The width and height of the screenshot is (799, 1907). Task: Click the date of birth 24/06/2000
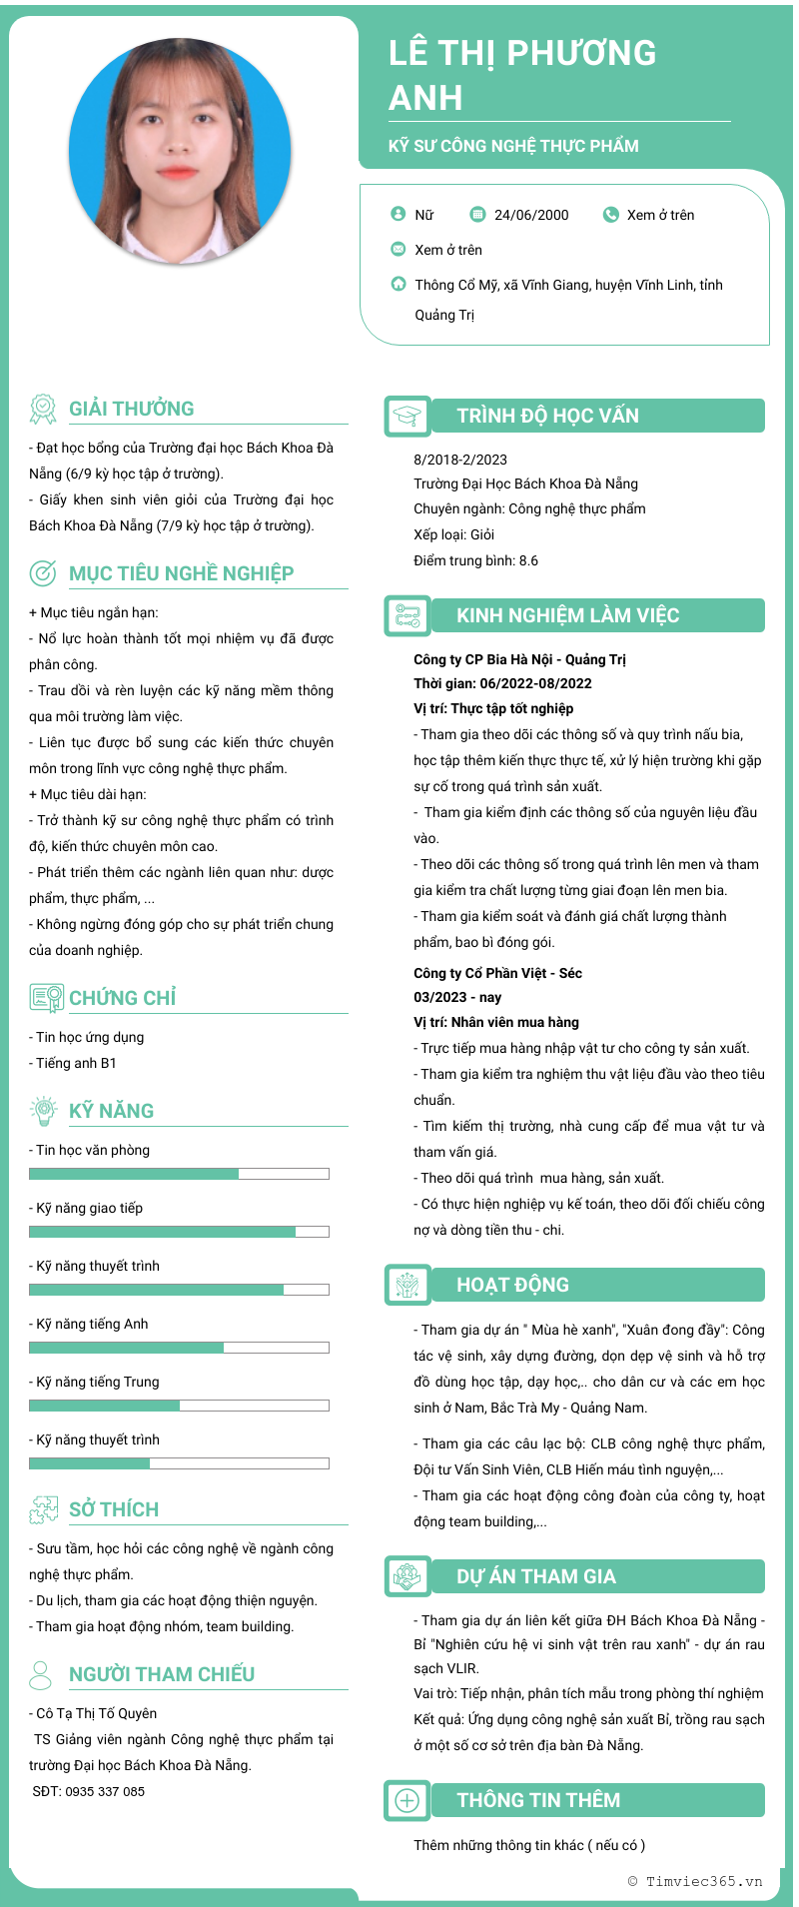point(531,215)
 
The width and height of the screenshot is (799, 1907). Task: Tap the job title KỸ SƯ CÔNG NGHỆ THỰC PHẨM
point(513,146)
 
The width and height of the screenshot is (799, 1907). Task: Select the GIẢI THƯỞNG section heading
point(131,409)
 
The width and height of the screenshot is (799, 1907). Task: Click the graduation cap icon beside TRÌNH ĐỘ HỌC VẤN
point(406,417)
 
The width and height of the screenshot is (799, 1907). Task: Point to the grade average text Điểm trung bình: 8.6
point(475,560)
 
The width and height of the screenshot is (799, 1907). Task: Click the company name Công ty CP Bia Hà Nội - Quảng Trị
point(519,659)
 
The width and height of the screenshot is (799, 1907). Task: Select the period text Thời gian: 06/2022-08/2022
point(502,683)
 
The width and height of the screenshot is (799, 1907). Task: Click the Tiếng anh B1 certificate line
point(76,1063)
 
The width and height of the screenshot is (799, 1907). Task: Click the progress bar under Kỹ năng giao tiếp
point(179,1232)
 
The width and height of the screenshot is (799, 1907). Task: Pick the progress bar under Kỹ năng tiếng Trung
point(179,1406)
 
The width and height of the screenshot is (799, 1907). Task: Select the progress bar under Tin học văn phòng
point(179,1174)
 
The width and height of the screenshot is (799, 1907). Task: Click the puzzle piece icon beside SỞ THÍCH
point(43,1509)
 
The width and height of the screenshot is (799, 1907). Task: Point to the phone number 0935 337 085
point(105,1791)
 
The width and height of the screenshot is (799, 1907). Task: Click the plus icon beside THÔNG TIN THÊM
point(406,1800)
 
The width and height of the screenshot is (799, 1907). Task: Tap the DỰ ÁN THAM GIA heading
point(536,1576)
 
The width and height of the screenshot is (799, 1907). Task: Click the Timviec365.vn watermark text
point(695,1881)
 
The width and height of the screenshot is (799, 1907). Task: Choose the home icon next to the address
point(399,284)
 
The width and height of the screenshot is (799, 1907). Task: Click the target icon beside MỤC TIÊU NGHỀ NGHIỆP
point(43,573)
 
